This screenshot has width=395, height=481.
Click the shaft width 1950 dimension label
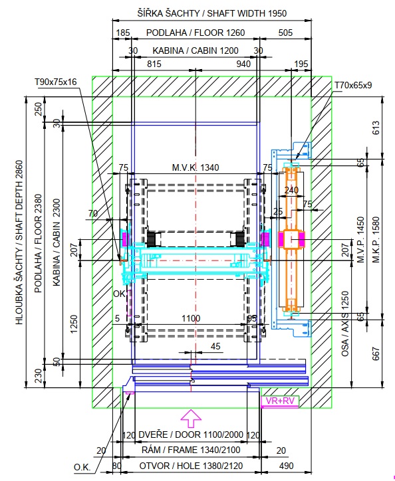(212, 13)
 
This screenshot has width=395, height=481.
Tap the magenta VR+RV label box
(280, 401)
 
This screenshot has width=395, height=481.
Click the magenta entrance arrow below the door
(191, 419)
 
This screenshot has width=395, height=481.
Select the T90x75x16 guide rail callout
(56, 82)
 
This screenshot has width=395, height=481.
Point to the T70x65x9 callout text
(353, 85)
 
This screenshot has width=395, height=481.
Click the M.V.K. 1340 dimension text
(196, 167)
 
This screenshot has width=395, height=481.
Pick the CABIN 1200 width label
(196, 50)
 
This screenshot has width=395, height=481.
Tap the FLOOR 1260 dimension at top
(196, 33)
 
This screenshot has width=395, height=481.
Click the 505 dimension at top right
(285, 33)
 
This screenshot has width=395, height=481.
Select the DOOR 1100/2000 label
(191, 434)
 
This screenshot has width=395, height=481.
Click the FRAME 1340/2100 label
(191, 450)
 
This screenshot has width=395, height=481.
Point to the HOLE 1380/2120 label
(191, 466)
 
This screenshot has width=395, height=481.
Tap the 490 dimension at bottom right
(286, 466)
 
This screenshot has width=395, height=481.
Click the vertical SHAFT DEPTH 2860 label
(19, 242)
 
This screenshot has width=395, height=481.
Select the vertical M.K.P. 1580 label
(376, 240)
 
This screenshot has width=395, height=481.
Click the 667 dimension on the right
(376, 353)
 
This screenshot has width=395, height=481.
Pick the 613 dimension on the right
(376, 128)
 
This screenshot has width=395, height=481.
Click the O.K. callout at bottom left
(82, 468)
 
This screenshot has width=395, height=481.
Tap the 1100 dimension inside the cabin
(191, 318)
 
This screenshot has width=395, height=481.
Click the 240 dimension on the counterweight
(291, 190)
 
